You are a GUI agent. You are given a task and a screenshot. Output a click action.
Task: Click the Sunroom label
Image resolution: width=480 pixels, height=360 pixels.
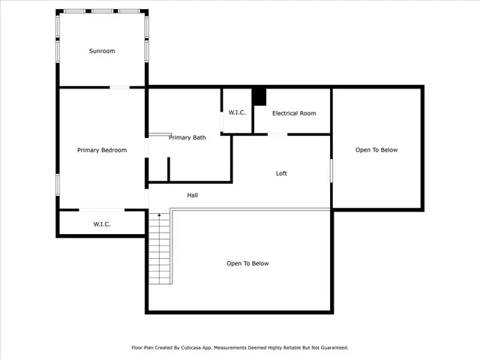tap(102, 51)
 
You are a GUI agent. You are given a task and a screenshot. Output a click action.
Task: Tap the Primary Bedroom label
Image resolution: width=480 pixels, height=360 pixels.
tap(102, 150)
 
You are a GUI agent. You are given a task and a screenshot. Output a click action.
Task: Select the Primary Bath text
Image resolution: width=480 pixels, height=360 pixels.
tap(187, 137)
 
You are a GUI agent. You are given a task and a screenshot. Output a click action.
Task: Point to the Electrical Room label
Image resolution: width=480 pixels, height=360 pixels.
tap(294, 113)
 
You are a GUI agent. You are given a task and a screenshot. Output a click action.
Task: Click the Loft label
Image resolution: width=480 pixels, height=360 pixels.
tap(281, 173)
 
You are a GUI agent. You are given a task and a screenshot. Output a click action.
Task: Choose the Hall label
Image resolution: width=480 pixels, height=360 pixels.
tap(193, 195)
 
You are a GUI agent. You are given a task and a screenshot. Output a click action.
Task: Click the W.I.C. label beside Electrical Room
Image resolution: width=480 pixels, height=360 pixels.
tap(237, 112)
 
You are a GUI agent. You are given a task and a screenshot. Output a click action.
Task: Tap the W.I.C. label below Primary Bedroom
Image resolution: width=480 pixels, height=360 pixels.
tap(102, 223)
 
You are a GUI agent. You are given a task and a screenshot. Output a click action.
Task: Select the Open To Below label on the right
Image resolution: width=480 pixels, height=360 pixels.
tap(376, 150)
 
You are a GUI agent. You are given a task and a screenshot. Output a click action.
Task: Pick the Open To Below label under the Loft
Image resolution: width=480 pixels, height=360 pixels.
tap(247, 263)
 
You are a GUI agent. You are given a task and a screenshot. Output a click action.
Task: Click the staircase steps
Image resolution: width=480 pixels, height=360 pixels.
tap(159, 251)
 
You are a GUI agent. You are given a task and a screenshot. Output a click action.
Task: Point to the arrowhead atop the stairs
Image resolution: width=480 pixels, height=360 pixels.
tap(159, 215)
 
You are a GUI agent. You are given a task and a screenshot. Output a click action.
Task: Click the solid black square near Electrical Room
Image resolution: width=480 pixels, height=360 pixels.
tap(259, 97)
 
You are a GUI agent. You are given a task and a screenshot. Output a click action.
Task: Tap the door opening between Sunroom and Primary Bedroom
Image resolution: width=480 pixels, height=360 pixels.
tap(120, 88)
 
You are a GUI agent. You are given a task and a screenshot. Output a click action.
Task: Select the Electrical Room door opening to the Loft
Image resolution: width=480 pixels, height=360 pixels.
tap(277, 134)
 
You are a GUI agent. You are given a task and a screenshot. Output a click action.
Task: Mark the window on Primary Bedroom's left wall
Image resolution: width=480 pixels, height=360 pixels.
tap(58, 184)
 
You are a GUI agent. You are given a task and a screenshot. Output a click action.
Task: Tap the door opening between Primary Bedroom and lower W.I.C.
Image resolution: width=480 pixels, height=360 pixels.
tap(102, 209)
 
